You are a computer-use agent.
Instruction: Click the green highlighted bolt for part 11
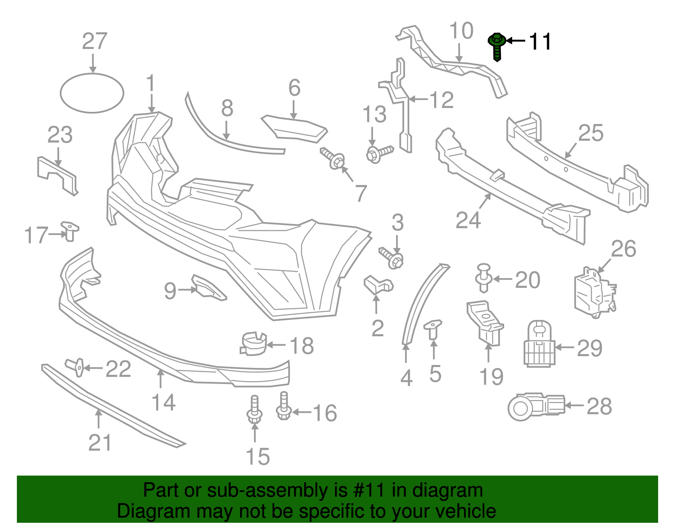pos(497,46)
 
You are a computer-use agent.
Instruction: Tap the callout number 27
pos(95,41)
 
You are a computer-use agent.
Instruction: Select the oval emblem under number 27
pos(92,93)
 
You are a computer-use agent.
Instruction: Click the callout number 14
pos(163,402)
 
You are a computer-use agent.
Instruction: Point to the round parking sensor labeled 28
pos(536,407)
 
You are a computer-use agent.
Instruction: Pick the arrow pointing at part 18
pos(276,345)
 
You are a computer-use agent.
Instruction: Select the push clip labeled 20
pos(483,278)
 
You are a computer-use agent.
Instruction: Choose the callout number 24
pos(468,220)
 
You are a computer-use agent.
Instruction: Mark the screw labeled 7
pos(332,158)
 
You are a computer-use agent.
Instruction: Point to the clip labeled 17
pos(70,231)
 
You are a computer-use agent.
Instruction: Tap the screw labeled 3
pos(391,258)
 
